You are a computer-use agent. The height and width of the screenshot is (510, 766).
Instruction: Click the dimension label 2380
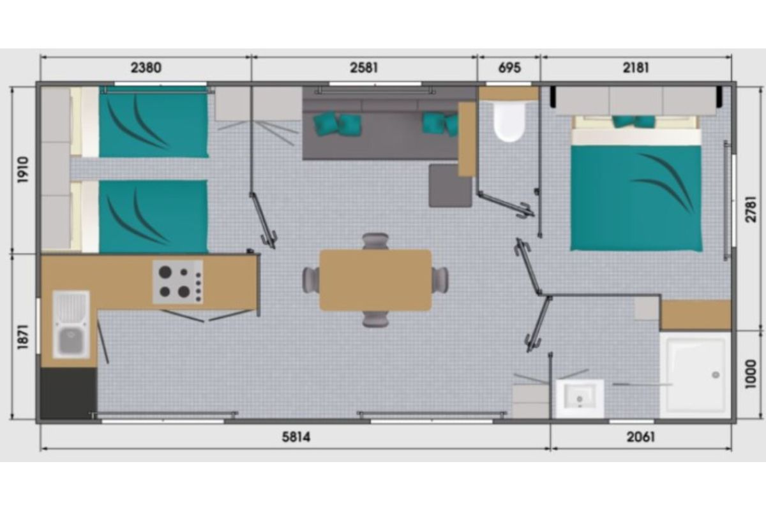146,68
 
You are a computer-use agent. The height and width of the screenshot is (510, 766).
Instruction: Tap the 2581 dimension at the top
364,68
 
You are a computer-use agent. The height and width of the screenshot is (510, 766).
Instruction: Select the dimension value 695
509,68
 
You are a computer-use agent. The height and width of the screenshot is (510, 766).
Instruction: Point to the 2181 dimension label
636,68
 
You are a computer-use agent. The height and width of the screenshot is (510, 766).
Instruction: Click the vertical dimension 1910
24,170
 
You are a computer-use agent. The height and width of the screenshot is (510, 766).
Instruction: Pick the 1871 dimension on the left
24,337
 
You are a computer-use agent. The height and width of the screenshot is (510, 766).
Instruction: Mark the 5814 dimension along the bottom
296,437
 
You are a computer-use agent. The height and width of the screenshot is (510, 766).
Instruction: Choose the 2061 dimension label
640,437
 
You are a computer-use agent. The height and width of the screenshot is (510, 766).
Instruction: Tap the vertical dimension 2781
751,209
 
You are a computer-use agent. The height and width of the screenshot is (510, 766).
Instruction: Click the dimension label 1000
751,374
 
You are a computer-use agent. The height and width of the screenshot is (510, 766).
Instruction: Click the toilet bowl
509,121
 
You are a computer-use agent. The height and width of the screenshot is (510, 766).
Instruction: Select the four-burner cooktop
178,282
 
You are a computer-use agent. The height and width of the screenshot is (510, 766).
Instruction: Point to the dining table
375,280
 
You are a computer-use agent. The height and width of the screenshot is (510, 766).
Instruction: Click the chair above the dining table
375,241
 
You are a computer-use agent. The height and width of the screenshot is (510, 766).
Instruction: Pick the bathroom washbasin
580,398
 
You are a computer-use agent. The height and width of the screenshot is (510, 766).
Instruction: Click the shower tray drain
716,375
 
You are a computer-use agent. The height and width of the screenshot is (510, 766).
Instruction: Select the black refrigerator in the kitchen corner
68,393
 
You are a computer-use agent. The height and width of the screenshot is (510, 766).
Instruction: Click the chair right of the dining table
440,280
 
